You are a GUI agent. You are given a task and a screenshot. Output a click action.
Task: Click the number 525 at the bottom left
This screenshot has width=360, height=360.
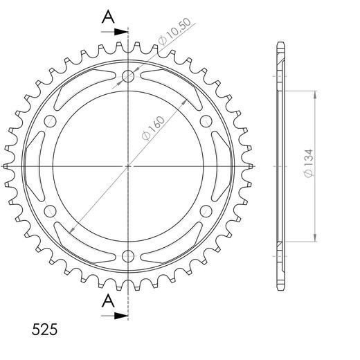(x=44, y=330)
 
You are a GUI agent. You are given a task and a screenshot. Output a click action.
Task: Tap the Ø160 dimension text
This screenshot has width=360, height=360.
(x=154, y=128)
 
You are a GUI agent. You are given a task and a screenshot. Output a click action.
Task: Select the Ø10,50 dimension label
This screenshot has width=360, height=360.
(x=174, y=31)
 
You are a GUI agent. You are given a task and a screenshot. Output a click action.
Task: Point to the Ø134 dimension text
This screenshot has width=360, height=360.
(x=309, y=163)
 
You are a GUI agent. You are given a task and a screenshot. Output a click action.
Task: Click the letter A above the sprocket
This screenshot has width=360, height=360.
(x=108, y=17)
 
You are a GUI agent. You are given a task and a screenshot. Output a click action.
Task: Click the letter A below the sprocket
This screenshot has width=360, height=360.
(x=108, y=300)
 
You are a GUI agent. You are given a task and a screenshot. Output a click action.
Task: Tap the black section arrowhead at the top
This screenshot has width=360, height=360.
(x=121, y=32)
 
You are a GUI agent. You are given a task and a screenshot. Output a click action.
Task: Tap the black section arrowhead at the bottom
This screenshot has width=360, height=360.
(x=121, y=316)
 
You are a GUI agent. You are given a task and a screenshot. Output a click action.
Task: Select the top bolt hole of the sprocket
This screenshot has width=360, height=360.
(x=128, y=76)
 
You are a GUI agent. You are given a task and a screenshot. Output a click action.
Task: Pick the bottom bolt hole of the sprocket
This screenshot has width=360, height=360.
(x=128, y=256)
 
